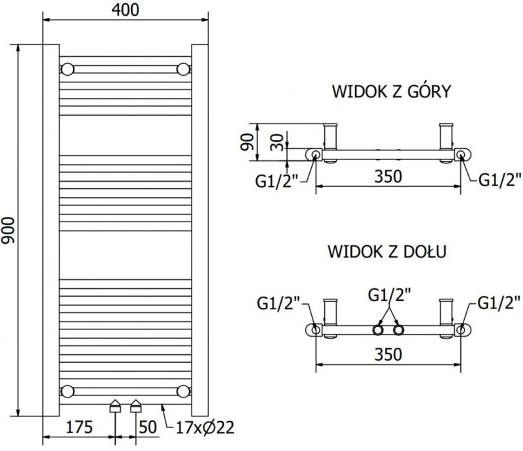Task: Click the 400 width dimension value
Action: pos(126,10)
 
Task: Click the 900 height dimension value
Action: pos(8,231)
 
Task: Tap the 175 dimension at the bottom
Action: pos(79,427)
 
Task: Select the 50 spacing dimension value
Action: pos(148,427)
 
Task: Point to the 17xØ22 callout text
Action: pos(205,427)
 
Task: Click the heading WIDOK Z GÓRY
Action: pos(392,92)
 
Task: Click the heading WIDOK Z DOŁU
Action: pos(387,252)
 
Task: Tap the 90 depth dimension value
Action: pos(248,142)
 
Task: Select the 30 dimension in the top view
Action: pos(277,142)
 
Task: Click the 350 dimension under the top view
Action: pos(388,176)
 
